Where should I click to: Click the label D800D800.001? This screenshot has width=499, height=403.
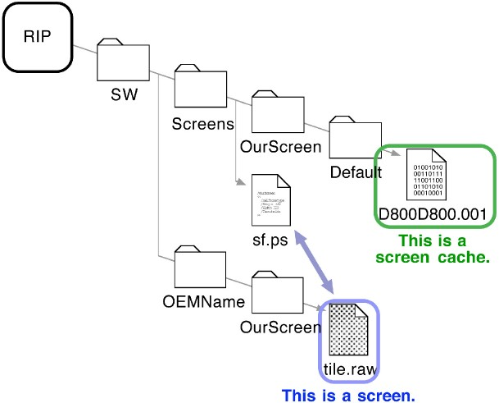433,215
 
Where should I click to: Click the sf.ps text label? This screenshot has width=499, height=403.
271,242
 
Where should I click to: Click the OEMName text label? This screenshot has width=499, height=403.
198,301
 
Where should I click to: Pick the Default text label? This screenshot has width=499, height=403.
356,172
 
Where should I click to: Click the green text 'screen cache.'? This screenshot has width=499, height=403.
433,257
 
